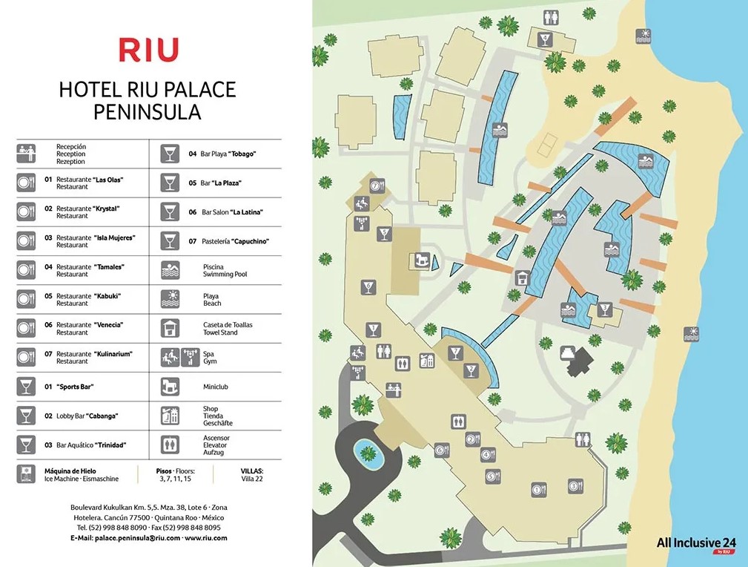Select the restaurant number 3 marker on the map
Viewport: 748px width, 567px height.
click(574, 487)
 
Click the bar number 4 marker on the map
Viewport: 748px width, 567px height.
click(546, 39)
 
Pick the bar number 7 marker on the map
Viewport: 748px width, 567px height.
click(378, 187)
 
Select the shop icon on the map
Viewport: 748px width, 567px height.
click(426, 361)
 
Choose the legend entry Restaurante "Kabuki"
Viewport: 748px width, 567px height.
click(89, 299)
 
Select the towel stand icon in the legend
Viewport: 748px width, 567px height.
click(170, 328)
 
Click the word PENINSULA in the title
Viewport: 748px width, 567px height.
click(147, 113)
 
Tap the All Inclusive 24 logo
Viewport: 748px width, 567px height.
click(695, 543)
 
